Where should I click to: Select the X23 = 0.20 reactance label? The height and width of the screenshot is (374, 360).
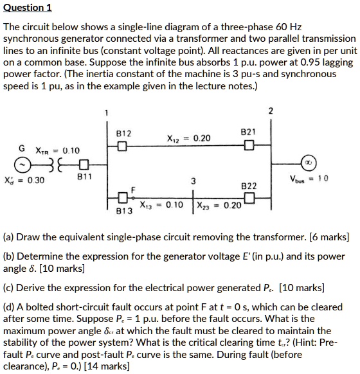pyautogui.click(x=223, y=205)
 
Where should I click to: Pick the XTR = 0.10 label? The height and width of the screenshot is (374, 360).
pyautogui.click(x=58, y=150)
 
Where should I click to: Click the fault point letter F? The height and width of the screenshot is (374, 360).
pyautogui.click(x=134, y=189)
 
